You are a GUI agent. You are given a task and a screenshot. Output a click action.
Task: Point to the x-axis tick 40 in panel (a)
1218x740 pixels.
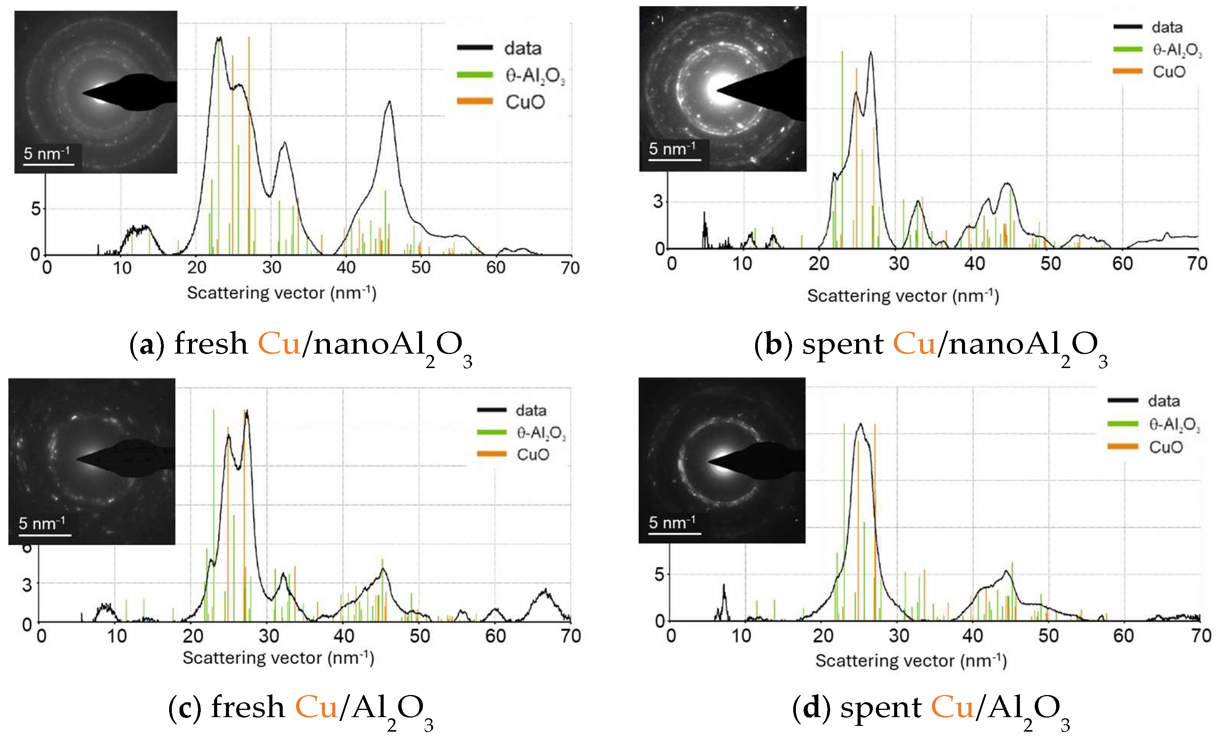click(x=346, y=267)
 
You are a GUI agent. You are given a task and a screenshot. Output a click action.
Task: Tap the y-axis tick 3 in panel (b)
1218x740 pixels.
click(x=658, y=202)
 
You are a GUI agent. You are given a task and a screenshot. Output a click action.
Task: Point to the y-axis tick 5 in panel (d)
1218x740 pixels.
click(x=659, y=574)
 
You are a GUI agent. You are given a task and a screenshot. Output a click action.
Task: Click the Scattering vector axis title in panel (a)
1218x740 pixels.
click(x=282, y=293)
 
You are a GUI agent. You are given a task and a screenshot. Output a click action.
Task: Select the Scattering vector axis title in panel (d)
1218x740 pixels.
click(x=911, y=660)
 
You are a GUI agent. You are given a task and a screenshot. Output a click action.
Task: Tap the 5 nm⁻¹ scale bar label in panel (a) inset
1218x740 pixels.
click(x=46, y=153)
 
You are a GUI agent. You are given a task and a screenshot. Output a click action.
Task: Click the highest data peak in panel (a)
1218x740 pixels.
click(x=219, y=38)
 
